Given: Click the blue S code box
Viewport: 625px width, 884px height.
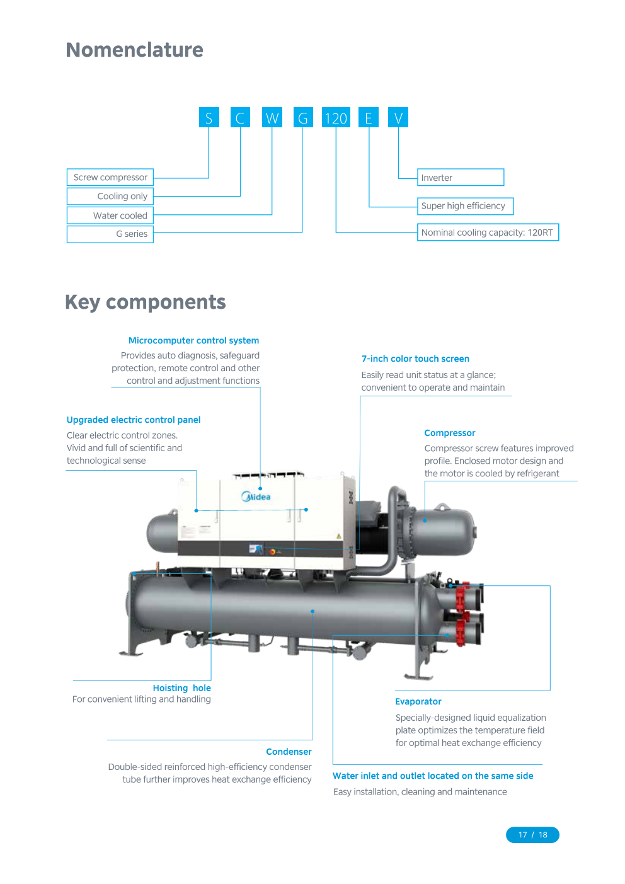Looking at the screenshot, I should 209,118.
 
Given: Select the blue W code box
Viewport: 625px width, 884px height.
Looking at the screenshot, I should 272,118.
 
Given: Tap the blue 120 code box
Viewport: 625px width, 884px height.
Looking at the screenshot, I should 336,118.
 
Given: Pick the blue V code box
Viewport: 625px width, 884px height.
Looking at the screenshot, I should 398,118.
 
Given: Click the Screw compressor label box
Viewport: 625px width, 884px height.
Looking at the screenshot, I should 110,177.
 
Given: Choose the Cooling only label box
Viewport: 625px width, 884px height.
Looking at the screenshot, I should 110,196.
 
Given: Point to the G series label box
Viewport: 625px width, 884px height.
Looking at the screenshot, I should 110,234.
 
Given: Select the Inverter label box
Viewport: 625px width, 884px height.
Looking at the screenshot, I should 461,178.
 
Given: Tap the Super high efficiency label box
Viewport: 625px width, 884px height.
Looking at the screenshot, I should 465,206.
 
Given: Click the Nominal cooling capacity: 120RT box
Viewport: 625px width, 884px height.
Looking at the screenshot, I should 488,232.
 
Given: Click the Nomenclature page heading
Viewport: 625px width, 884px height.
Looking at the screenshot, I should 134,50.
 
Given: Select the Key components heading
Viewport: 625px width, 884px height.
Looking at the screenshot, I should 145,302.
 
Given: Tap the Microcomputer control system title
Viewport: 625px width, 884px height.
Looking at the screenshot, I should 193,340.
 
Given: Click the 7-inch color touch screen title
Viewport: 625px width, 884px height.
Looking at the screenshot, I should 415,359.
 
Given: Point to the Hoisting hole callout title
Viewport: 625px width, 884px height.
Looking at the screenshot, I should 181,688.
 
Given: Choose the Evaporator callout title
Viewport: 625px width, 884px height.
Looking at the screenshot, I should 418,701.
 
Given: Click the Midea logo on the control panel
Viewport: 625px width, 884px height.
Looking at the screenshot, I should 256,497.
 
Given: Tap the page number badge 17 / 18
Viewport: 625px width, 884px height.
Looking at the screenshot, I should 532,835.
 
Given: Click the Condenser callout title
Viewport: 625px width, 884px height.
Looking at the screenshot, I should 289,752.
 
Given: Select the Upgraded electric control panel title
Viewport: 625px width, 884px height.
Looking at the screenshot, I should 134,420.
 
